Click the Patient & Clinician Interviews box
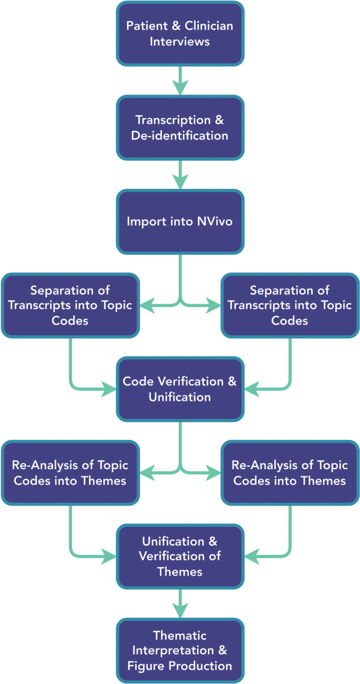(x=180, y=33)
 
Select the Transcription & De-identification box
(x=180, y=128)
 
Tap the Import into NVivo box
(x=180, y=221)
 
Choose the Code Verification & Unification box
(x=180, y=388)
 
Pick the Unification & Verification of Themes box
(x=180, y=556)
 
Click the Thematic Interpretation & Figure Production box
(x=180, y=651)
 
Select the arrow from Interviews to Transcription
(x=180, y=80)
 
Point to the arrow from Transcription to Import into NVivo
(x=180, y=174)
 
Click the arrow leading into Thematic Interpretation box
(x=180, y=603)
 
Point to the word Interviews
(x=180, y=41)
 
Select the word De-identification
(x=180, y=135)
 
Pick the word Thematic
(x=180, y=635)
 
